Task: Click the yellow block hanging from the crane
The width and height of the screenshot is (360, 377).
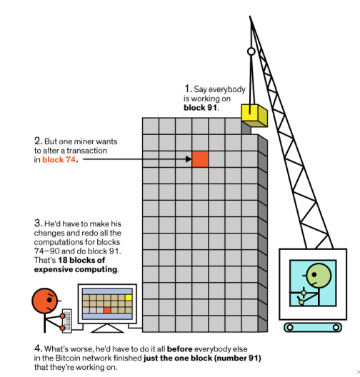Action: point(254,116)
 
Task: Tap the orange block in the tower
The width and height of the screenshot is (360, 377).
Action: point(200,159)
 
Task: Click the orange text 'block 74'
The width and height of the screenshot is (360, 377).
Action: point(59,160)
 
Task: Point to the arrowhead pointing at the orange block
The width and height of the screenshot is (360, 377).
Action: point(189,159)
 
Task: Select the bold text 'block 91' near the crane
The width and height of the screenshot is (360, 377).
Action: point(200,108)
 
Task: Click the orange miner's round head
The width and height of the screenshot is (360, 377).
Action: point(45,301)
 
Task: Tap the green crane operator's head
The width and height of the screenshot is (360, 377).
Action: point(319,276)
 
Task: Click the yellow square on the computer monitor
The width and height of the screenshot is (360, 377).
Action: point(129,298)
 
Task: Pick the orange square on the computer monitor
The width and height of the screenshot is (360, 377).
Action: point(107,310)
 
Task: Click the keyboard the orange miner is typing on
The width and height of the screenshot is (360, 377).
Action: point(67,321)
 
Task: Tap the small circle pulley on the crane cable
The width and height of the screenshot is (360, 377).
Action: point(251,51)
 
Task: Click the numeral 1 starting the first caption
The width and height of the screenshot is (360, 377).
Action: point(187,89)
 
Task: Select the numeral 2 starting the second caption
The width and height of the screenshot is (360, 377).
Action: point(37,141)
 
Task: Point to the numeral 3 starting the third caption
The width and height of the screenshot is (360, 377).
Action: point(37,223)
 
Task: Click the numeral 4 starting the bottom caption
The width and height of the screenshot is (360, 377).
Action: point(37,348)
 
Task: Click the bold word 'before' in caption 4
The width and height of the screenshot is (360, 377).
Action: point(179,349)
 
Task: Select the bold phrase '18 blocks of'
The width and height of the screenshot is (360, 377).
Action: point(81,260)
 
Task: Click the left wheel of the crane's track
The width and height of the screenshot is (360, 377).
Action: point(290,327)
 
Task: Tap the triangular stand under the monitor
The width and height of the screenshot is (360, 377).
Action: point(107,328)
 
